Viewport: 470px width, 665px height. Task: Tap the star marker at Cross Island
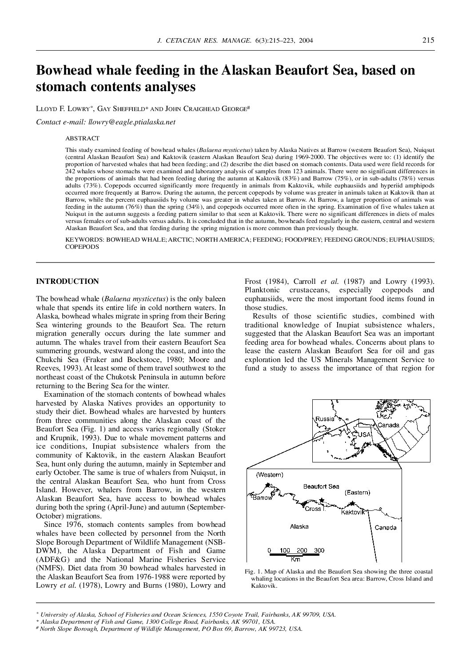(322, 500)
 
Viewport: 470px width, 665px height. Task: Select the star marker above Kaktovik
(352, 503)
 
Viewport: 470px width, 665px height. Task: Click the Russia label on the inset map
(325, 418)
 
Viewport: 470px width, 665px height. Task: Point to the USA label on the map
(364, 434)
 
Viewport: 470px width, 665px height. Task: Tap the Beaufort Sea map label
(321, 486)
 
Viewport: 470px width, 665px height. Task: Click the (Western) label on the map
(269, 474)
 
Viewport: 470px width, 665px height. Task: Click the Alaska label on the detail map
(299, 526)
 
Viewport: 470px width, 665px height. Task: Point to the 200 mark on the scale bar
(302, 550)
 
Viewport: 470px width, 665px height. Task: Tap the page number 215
(428, 40)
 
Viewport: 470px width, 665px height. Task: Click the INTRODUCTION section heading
(67, 281)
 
